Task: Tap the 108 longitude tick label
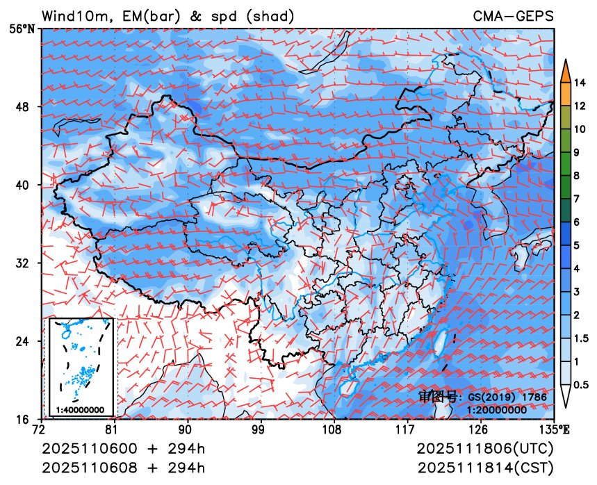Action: (x=332, y=429)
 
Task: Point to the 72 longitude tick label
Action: (x=43, y=429)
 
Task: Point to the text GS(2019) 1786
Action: (x=507, y=397)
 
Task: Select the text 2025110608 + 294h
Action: (x=124, y=466)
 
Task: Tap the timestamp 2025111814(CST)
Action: (x=486, y=466)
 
